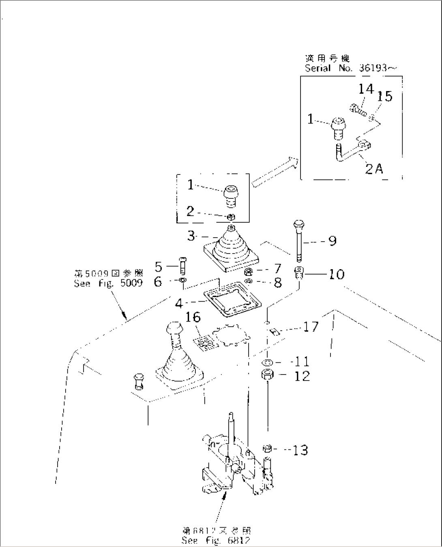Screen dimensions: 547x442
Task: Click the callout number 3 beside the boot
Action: click(191, 236)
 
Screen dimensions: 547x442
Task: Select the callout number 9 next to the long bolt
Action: click(332, 241)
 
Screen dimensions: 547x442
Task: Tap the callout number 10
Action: click(337, 274)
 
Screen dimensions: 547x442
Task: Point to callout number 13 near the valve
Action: click(300, 450)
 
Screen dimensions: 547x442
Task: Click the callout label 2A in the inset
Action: click(373, 168)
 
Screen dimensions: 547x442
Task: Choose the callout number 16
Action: click(193, 317)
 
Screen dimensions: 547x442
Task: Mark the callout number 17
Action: click(311, 326)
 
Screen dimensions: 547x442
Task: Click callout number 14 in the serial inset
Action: click(366, 89)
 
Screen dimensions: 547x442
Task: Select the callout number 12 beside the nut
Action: click(302, 376)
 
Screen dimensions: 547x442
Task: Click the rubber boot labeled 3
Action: click(232, 250)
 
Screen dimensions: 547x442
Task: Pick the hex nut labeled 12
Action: click(267, 375)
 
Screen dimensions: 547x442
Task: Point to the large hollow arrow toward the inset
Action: click(275, 172)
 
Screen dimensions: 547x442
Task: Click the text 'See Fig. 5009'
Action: click(108, 283)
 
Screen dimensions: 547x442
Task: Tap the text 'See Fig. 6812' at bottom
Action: click(216, 540)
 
